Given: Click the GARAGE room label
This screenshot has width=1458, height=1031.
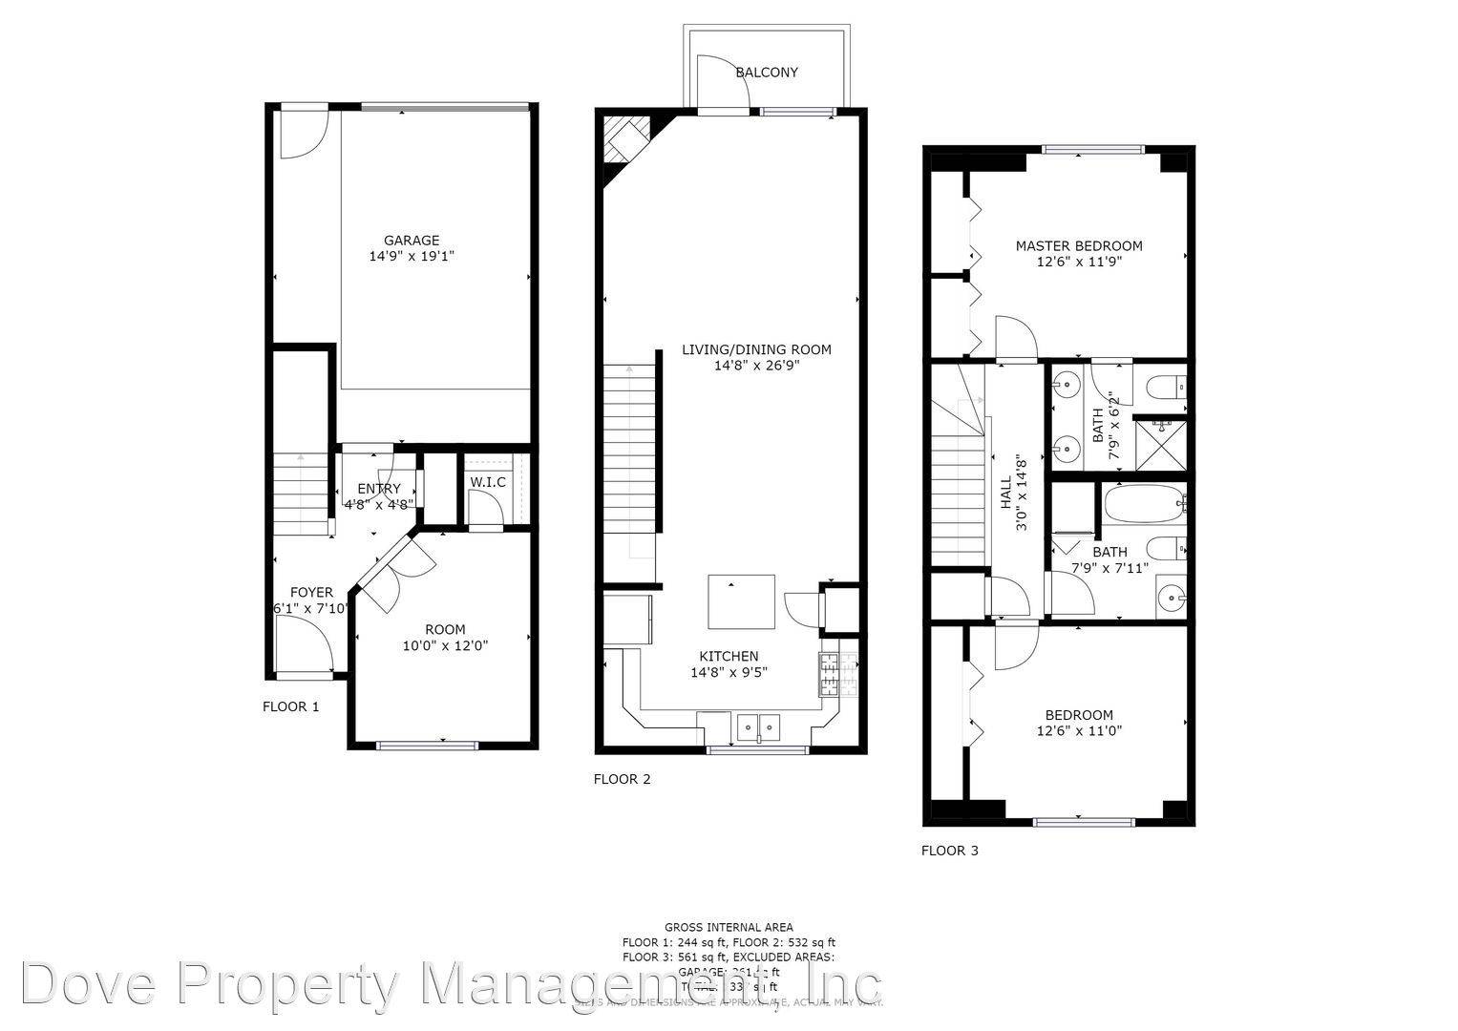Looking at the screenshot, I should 412,241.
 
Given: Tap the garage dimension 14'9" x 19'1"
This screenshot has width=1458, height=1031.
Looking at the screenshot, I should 412,257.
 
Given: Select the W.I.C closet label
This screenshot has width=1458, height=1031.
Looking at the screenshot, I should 487,482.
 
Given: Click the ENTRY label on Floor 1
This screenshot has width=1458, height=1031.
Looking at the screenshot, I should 379,489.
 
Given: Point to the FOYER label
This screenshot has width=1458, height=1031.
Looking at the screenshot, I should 311,592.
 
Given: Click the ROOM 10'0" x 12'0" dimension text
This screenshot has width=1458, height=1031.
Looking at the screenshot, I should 445,645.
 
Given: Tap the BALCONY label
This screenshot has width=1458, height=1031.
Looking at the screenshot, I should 767,73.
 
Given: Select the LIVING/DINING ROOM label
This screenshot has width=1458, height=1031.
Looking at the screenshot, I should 756,349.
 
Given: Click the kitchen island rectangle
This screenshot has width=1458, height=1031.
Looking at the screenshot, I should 741,601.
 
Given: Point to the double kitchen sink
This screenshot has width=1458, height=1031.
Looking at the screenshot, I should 758,727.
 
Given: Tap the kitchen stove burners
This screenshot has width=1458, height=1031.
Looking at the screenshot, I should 829,674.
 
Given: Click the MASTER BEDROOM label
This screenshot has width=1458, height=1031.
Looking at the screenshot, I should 1078,245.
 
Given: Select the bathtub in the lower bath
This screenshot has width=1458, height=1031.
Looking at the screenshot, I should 1142,503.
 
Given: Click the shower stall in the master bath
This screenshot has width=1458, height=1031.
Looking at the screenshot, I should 1161,444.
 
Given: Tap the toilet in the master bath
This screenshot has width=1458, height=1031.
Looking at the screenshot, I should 1166,387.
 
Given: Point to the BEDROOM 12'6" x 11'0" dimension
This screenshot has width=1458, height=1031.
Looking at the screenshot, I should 1079,731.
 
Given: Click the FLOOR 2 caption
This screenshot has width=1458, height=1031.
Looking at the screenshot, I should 622,779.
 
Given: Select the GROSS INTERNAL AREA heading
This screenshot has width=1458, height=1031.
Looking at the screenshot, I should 729,927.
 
